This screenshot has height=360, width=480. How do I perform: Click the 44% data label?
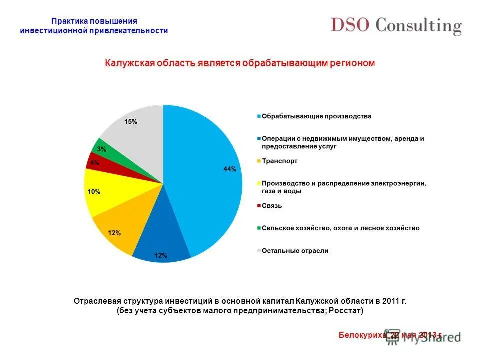point(229,169)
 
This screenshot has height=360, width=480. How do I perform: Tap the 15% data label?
point(131,122)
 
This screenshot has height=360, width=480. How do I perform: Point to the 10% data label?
point(94,192)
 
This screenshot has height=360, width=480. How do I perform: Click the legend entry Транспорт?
point(279,161)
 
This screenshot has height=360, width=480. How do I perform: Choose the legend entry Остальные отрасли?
point(295,251)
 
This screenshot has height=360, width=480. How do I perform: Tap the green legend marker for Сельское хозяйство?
point(259,228)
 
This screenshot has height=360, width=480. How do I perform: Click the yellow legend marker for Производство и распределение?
point(259,184)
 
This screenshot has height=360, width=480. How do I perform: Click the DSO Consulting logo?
point(396,26)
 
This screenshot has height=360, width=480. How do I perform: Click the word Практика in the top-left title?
point(69,21)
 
